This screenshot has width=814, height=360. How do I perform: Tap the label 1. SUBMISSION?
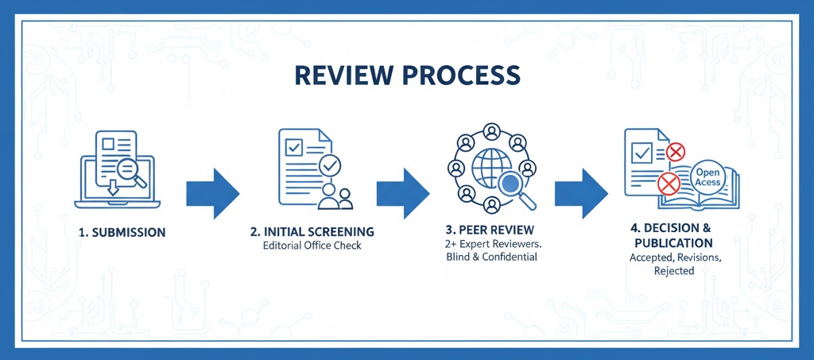(122, 233)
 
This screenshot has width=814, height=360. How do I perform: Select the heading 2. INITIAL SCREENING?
(312, 232)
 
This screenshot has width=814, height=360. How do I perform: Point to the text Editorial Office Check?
(312, 246)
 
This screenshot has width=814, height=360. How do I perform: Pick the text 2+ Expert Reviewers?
(494, 242)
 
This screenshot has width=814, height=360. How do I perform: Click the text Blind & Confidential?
(491, 257)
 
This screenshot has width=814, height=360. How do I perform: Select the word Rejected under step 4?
(674, 271)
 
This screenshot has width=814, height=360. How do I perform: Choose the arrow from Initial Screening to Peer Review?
(402, 193)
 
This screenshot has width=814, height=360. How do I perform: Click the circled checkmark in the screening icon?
(329, 165)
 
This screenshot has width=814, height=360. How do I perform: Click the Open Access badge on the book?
(707, 177)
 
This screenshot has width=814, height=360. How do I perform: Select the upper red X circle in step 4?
(676, 151)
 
